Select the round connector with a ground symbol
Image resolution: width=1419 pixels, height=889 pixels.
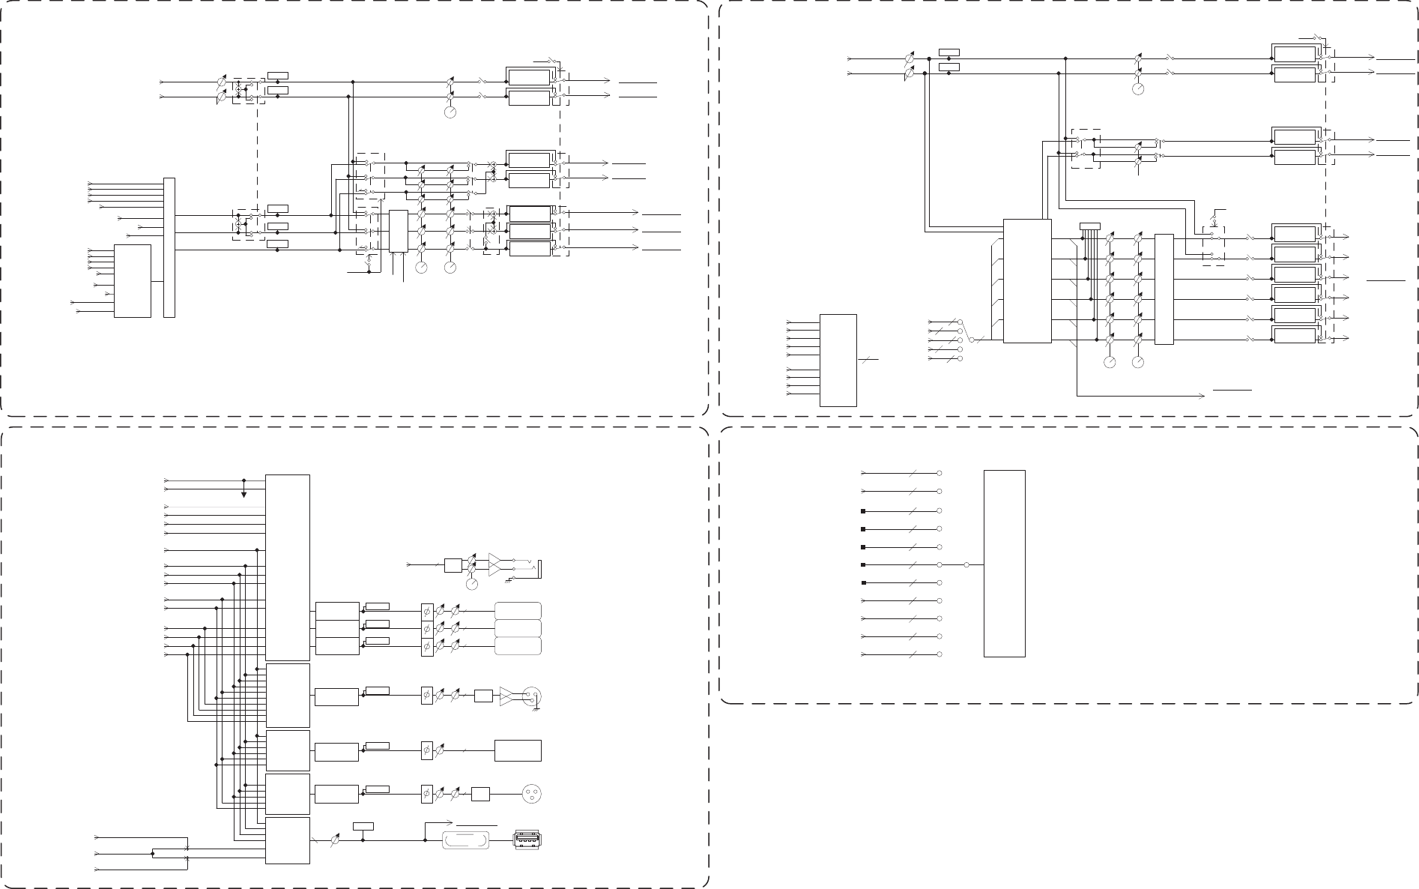pyautogui.click(x=531, y=696)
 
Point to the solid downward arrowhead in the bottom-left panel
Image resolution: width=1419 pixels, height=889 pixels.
pyautogui.click(x=243, y=495)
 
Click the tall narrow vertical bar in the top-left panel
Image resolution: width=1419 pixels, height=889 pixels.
pyautogui.click(x=169, y=247)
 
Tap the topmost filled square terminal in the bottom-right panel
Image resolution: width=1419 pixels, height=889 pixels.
pyautogui.click(x=863, y=510)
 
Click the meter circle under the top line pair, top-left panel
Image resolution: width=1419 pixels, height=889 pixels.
pyautogui.click(x=450, y=112)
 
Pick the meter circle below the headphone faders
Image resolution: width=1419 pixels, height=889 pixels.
pyautogui.click(x=472, y=584)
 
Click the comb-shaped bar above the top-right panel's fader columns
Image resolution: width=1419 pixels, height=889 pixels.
pyautogui.click(x=1090, y=226)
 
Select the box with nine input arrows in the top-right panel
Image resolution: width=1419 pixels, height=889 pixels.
pyautogui.click(x=838, y=360)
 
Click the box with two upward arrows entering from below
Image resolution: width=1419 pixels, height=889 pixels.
pyautogui.click(x=398, y=231)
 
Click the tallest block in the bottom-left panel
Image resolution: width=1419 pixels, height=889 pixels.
pyautogui.click(x=288, y=567)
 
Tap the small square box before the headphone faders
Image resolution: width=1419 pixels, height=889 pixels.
pyautogui.click(x=453, y=564)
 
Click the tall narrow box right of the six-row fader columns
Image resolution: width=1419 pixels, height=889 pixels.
pyautogui.click(x=1164, y=289)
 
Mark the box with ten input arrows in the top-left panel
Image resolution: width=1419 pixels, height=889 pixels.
pyautogui.click(x=133, y=280)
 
